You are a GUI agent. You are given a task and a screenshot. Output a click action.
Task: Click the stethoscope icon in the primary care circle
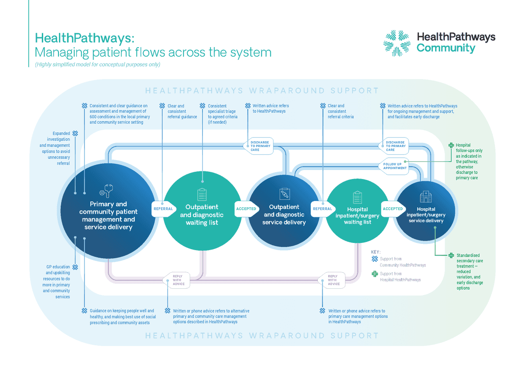(107, 190)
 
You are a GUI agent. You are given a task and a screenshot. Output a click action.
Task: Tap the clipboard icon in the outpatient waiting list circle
(202, 194)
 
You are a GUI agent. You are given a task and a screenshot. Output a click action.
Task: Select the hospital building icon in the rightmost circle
(425, 196)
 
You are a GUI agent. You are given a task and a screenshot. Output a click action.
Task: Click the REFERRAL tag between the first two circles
(163, 209)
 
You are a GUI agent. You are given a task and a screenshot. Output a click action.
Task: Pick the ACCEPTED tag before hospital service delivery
(392, 209)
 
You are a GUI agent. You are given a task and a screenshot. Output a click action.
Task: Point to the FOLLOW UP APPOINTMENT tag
(395, 166)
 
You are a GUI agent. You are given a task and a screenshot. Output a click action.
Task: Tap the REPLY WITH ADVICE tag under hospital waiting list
(333, 280)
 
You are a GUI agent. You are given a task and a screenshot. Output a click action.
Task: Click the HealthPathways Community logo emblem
(396, 43)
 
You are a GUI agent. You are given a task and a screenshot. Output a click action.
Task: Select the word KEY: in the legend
(375, 252)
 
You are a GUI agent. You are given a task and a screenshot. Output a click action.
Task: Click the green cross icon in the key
(375, 274)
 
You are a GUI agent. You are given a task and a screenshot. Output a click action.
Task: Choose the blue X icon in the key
(375, 259)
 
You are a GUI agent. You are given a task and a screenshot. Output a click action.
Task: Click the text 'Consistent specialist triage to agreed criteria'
(223, 114)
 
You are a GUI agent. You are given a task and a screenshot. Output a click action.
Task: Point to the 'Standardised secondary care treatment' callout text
(470, 272)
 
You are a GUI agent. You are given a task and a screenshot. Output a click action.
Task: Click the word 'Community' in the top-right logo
(446, 48)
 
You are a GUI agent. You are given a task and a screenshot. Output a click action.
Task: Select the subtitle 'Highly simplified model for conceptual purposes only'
(98, 64)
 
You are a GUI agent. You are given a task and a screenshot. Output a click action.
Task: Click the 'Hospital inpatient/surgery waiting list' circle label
(357, 215)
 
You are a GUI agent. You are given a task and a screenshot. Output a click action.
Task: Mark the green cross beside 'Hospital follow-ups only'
(451, 145)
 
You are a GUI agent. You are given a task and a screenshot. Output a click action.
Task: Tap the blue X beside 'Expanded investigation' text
(75, 133)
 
